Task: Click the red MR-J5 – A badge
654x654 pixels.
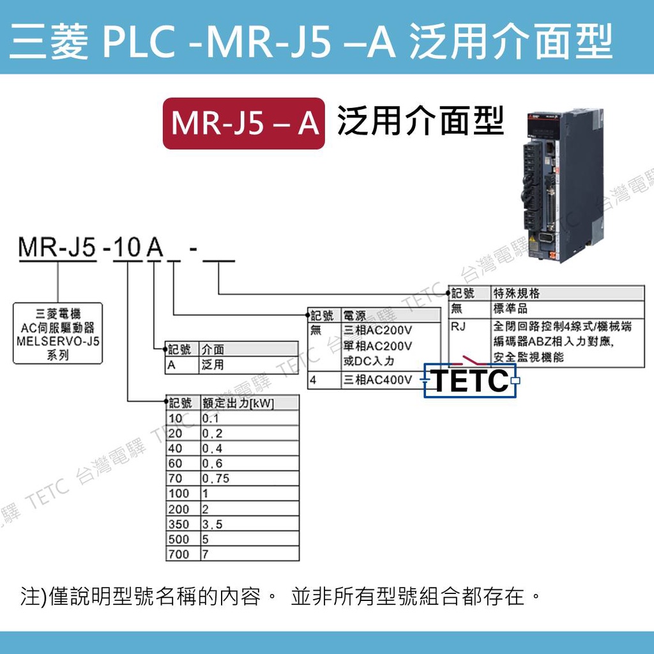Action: point(244,123)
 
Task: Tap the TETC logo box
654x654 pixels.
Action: point(471,381)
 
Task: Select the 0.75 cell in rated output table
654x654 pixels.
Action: point(215,478)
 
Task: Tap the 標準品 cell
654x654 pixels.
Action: point(508,309)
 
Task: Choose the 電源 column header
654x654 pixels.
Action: point(355,316)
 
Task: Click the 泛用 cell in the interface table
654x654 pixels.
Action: point(213,365)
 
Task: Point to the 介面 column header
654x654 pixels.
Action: point(213,349)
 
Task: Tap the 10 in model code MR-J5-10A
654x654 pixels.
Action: point(127,248)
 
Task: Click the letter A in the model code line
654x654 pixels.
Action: point(155,248)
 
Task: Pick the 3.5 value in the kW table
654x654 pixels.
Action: point(213,524)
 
